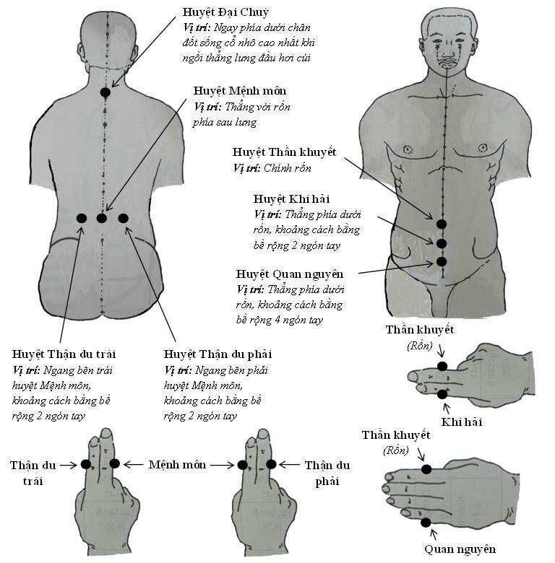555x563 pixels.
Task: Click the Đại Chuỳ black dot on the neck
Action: pyautogui.click(x=105, y=92)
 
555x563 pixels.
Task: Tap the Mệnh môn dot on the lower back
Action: pyautogui.click(x=102, y=218)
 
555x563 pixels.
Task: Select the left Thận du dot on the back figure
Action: pyautogui.click(x=82, y=218)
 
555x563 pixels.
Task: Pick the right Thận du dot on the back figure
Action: pyautogui.click(x=123, y=218)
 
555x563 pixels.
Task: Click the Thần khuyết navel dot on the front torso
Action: pyautogui.click(x=442, y=224)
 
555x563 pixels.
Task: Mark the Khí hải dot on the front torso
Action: pyautogui.click(x=442, y=244)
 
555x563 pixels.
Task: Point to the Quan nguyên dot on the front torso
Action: pyautogui.click(x=442, y=262)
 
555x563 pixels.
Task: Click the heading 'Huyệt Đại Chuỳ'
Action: pyautogui.click(x=225, y=12)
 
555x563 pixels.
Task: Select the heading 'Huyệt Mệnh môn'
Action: pyautogui.click(x=240, y=91)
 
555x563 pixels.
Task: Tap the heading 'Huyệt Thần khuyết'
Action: pyautogui.click(x=284, y=152)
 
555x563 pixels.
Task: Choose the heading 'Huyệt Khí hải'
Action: pyautogui.click(x=291, y=199)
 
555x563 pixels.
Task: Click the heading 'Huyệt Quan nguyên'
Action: pyautogui.click(x=290, y=275)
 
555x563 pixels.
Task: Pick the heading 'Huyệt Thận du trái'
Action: pyautogui.click(x=64, y=354)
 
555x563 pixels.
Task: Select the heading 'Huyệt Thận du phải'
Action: pyautogui.click(x=218, y=354)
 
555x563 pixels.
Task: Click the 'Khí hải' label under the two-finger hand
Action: pyautogui.click(x=462, y=422)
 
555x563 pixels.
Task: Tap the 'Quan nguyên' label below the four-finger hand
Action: pyautogui.click(x=460, y=549)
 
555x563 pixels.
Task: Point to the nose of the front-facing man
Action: pyautogui.click(x=447, y=51)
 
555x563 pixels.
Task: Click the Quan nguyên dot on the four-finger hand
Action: pyautogui.click(x=426, y=523)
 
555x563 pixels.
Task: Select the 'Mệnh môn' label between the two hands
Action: pyautogui.click(x=177, y=465)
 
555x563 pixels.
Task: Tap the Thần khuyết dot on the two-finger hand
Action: pyautogui.click(x=442, y=366)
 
